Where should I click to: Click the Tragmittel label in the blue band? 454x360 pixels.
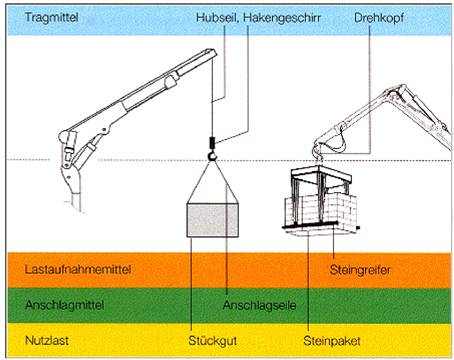[52, 17]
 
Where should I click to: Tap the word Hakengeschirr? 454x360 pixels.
[282, 18]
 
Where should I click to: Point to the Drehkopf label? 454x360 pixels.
[379, 18]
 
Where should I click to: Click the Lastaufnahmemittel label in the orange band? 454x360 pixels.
[78, 269]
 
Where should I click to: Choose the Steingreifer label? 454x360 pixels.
[360, 270]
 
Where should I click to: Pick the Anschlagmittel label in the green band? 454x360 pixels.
[65, 305]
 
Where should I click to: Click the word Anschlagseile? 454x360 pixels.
[259, 305]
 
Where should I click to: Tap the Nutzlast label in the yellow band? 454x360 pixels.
[47, 340]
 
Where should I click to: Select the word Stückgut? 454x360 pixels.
[213, 341]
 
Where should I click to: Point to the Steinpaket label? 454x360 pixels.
[332, 341]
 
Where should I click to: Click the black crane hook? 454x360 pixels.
[212, 155]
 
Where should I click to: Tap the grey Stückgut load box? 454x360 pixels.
[212, 220]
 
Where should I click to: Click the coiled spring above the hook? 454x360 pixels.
[212, 143]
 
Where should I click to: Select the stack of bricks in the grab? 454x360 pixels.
[322, 209]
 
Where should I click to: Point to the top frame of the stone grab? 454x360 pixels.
[321, 173]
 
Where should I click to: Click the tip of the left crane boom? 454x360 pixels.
[211, 52]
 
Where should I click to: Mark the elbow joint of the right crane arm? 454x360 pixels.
[399, 90]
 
